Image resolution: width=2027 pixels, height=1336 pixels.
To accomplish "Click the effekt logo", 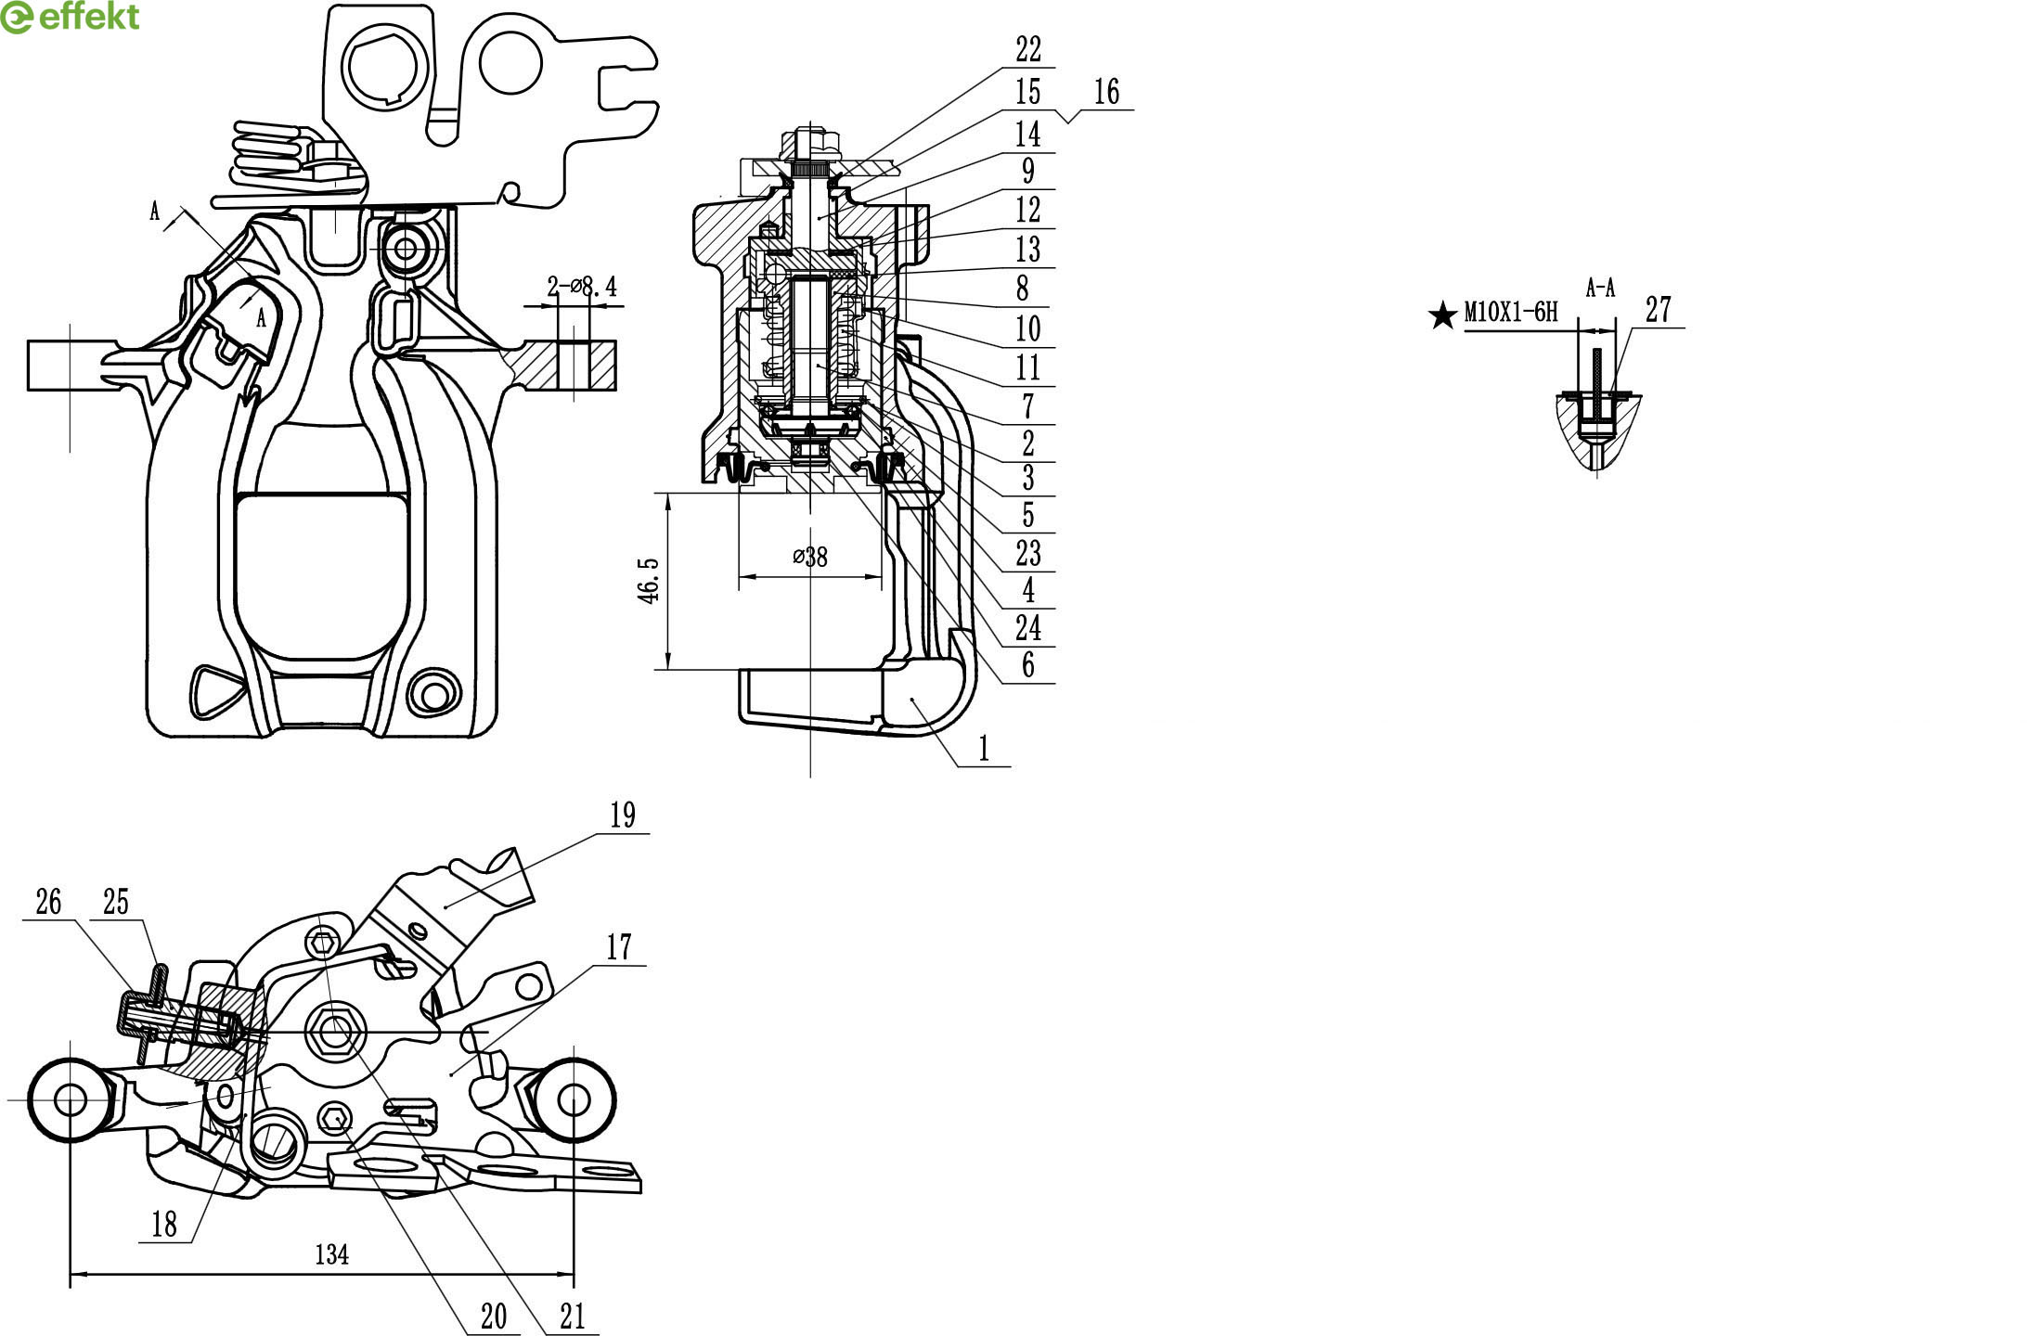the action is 71,17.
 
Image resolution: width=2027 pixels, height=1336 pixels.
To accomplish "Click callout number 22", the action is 1027,49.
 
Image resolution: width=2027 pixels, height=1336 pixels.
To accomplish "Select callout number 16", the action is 1106,92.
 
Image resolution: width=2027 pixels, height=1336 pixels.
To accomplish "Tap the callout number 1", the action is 984,749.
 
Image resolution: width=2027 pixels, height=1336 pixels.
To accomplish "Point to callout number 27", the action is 1659,310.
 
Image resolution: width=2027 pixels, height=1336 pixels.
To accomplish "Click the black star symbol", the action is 1443,315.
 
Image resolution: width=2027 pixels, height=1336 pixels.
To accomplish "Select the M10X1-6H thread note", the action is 1511,312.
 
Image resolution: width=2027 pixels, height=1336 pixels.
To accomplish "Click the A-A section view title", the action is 1600,289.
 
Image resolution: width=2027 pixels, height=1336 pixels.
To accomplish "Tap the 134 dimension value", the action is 331,1255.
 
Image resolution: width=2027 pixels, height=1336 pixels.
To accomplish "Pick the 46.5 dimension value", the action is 649,581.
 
